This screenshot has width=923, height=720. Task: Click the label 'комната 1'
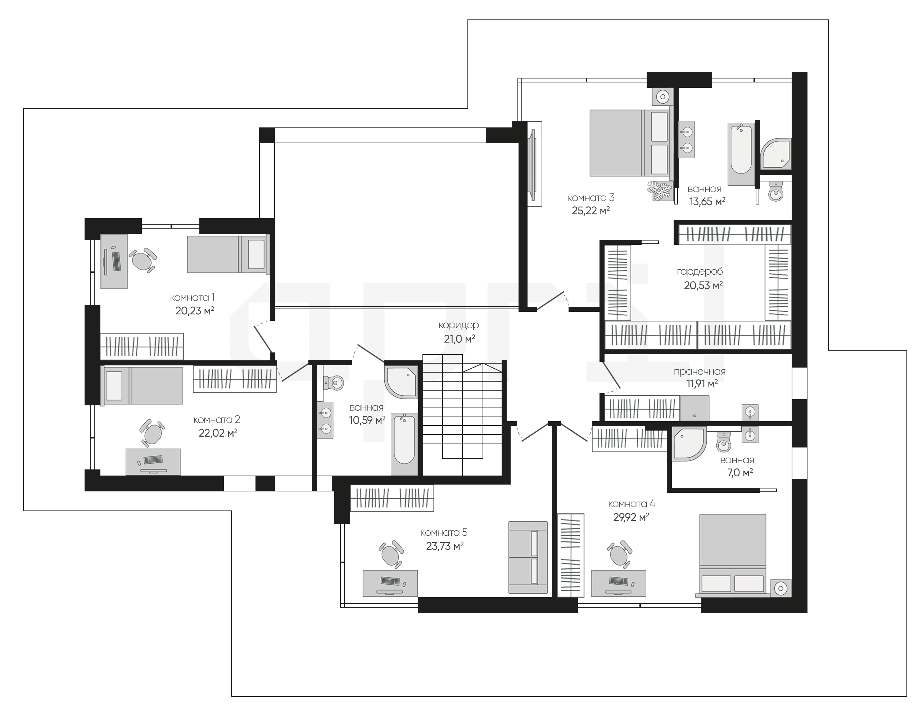click(x=192, y=298)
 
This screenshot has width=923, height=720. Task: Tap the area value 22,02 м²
click(x=218, y=433)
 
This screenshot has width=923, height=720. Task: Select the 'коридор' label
click(x=458, y=325)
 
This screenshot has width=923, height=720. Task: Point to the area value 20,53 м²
click(x=703, y=285)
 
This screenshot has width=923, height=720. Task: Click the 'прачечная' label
click(x=700, y=372)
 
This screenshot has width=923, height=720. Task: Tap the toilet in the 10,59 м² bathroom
click(x=334, y=383)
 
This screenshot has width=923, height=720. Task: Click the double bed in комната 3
click(x=630, y=143)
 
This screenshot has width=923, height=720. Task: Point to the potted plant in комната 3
click(x=659, y=191)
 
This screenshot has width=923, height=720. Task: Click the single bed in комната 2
click(x=142, y=385)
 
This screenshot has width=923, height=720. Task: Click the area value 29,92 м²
click(x=631, y=517)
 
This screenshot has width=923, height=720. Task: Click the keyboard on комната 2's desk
click(x=153, y=460)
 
